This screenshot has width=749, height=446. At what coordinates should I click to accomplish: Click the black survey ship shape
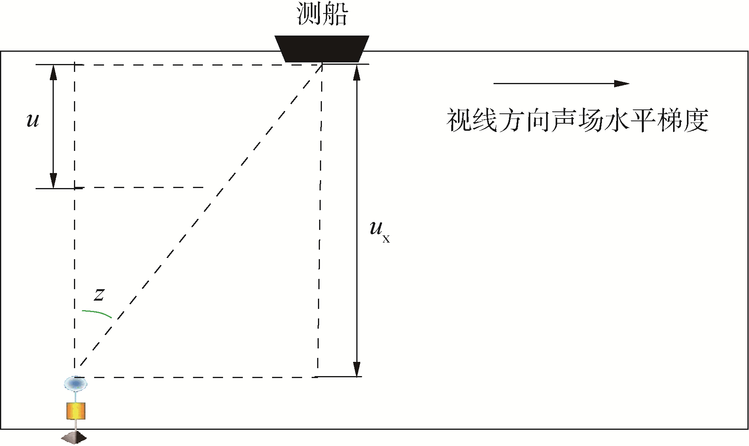(x=322, y=48)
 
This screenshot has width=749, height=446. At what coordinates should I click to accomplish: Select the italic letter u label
(x=33, y=119)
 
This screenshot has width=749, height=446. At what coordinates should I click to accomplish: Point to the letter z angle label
(x=99, y=294)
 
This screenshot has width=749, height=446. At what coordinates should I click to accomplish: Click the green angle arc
(x=97, y=313)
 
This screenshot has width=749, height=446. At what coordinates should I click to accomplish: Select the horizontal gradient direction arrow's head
(x=621, y=83)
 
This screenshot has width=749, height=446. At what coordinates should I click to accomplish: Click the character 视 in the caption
(x=459, y=120)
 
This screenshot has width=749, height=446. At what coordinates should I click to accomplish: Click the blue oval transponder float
(x=76, y=383)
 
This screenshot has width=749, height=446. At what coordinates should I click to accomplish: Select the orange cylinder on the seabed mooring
(x=76, y=411)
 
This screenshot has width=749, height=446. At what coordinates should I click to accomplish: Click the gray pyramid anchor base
(x=74, y=437)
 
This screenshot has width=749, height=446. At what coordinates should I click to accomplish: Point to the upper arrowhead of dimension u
(x=53, y=71)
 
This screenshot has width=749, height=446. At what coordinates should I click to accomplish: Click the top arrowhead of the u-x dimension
(x=357, y=72)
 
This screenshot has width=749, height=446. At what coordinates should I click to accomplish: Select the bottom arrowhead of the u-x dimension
(x=357, y=370)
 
